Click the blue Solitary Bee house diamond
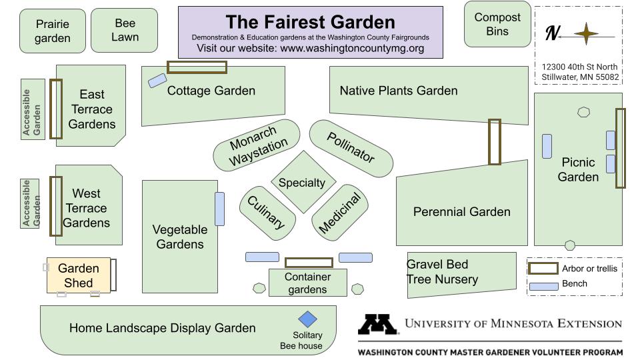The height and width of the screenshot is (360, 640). tap(307, 319)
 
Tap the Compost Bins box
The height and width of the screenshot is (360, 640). tap(497, 25)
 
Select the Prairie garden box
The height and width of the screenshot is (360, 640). tap(53, 31)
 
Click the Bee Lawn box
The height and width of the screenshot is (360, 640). tap(125, 30)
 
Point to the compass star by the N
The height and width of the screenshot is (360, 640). tap(587, 33)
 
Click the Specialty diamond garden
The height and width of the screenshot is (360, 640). tap(303, 182)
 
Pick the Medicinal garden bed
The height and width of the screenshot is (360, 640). tap(339, 213)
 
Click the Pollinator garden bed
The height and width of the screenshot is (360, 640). tap(351, 148)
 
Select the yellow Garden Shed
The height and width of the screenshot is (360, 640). tap(78, 275)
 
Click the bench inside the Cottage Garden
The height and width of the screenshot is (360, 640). tap(157, 81)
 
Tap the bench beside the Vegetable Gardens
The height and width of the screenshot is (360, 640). tap(220, 209)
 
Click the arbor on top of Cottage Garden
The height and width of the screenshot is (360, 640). tap(197, 67)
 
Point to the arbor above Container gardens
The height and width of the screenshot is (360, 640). tap(309, 263)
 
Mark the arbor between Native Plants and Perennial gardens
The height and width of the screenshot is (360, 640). tap(494, 141)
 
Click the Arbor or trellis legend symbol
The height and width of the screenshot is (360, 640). tap(543, 269)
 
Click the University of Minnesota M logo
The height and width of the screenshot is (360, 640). tap(378, 325)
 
